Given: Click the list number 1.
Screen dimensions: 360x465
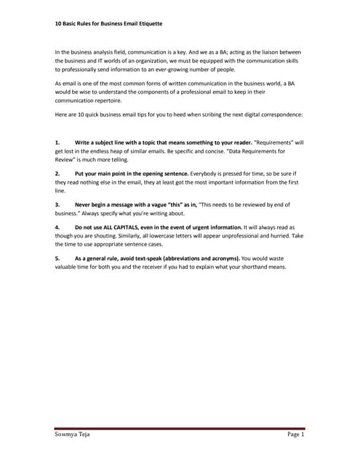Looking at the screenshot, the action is pyautogui.click(x=57, y=143).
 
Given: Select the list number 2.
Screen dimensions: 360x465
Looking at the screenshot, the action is pyautogui.click(x=57, y=175).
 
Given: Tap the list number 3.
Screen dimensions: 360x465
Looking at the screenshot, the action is pyautogui.click(x=57, y=206).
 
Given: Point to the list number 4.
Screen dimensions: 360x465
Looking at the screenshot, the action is pyautogui.click(x=57, y=228).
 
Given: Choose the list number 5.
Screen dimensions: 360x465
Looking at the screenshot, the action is pyautogui.click(x=57, y=259).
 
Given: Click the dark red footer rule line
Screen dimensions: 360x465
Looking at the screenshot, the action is pyautogui.click(x=180, y=428).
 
